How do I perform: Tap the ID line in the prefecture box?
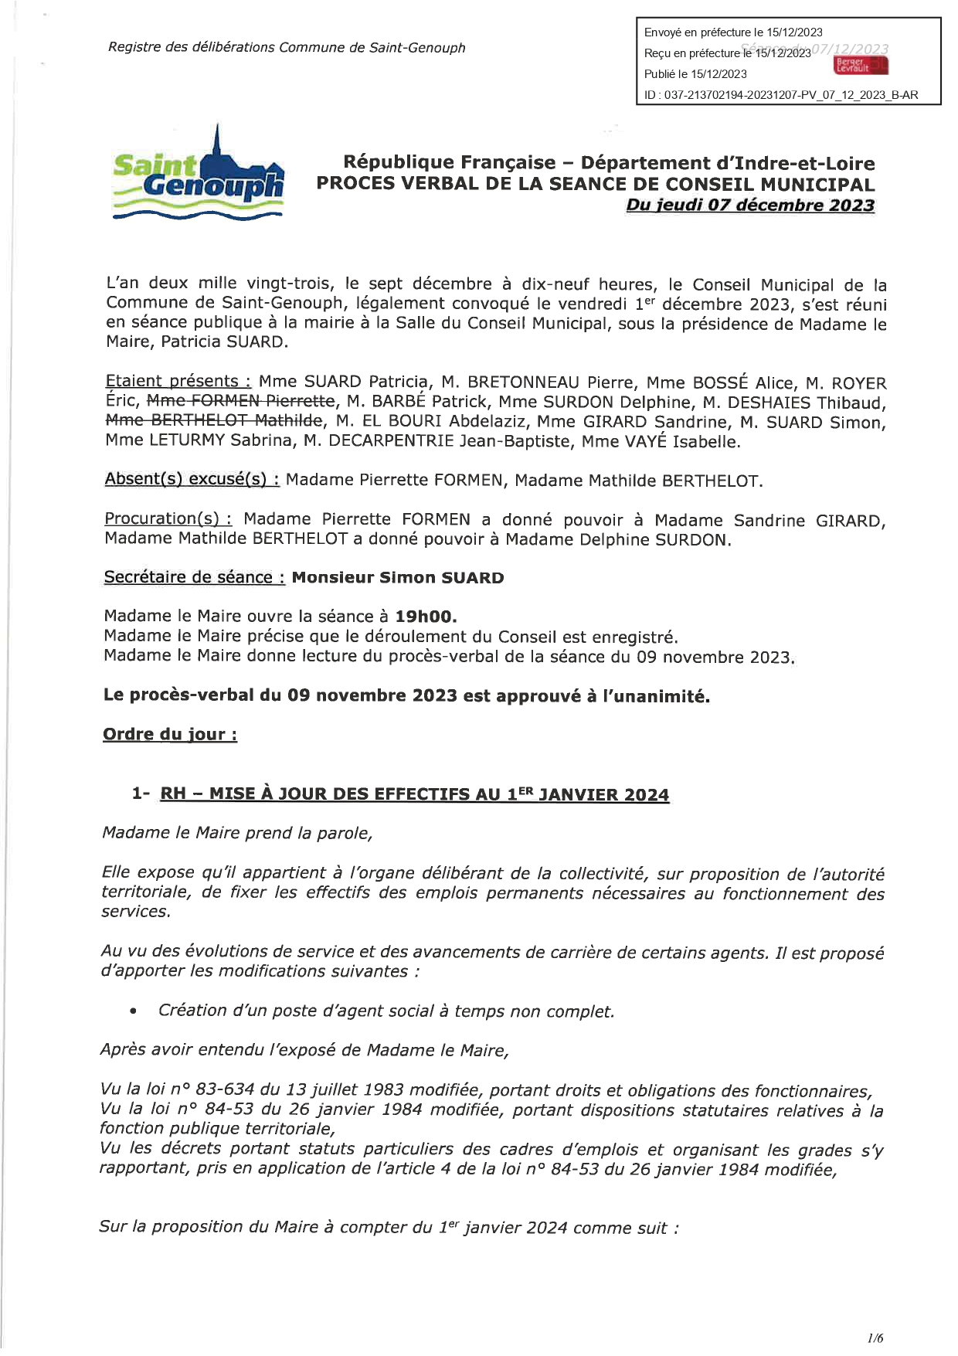click(781, 95)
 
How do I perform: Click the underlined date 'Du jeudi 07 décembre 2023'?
click(750, 206)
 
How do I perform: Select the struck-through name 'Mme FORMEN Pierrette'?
click(241, 402)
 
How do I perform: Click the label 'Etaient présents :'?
click(178, 382)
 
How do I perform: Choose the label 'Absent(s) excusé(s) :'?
click(192, 480)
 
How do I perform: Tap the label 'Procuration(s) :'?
click(168, 519)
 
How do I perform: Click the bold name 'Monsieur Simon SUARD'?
click(398, 578)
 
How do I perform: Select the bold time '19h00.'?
click(426, 617)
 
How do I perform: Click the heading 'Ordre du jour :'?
click(170, 735)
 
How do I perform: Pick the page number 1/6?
click(875, 1337)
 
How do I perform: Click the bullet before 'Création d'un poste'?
click(134, 1011)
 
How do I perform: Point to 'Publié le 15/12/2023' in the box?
click(695, 74)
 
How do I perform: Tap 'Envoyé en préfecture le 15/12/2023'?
click(733, 32)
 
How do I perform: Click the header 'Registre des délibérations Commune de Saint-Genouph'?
click(287, 48)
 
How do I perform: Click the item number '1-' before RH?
click(141, 794)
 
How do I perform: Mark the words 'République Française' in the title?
click(449, 163)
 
